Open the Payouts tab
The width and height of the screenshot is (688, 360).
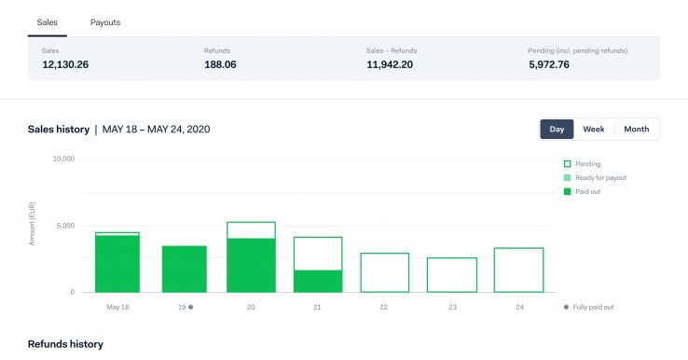[x=105, y=21]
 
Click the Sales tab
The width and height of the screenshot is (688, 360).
[x=47, y=21]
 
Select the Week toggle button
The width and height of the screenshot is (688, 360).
[x=594, y=129]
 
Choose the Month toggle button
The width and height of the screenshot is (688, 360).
[x=636, y=129]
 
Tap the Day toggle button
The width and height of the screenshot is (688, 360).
[x=557, y=129]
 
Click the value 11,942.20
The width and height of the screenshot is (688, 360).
[x=390, y=64]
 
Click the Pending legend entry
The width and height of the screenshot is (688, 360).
[x=587, y=164]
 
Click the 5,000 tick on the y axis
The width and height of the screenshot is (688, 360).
[x=64, y=226]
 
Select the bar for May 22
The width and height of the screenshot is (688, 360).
[x=384, y=272]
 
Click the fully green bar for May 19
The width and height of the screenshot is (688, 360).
[x=185, y=269]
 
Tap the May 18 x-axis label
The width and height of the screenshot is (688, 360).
[x=117, y=307]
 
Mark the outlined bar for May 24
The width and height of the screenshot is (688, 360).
[x=518, y=270]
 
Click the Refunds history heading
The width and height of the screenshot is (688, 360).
[x=65, y=344]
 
